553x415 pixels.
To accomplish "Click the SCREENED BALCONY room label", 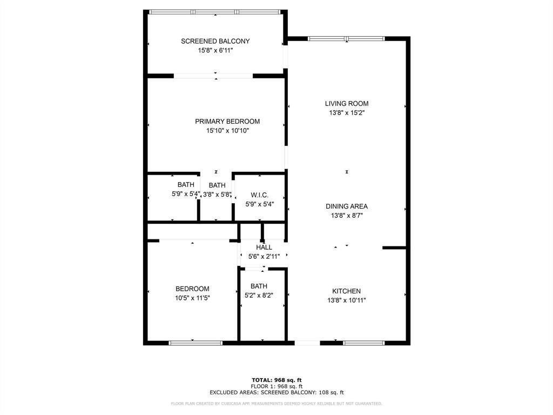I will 215,41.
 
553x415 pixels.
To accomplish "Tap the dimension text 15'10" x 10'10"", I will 227,131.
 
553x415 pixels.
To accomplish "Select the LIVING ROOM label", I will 346,104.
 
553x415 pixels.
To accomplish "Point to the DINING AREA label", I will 346,206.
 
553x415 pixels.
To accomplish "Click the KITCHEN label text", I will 346,291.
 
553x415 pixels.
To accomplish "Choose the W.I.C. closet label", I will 259,195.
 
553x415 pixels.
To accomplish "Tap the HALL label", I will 264,247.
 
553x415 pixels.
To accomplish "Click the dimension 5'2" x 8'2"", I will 259,296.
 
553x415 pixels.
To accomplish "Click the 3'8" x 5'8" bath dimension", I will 217,195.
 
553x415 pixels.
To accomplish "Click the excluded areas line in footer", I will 276,393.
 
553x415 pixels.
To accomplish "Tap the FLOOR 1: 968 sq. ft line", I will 276,386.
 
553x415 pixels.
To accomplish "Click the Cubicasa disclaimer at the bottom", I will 276,404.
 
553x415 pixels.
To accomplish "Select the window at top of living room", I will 346,38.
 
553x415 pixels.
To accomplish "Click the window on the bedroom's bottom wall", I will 195,343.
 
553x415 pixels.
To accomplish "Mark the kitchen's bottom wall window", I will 364,343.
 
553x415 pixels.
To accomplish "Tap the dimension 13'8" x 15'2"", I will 346,113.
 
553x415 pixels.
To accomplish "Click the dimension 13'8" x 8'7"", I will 346,216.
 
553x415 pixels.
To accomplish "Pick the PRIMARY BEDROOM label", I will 227,122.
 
